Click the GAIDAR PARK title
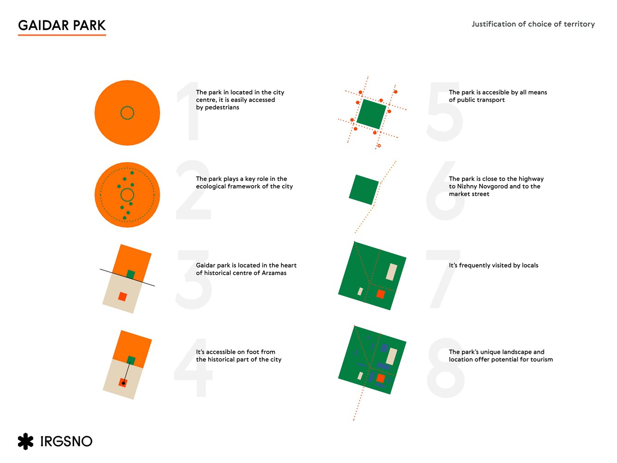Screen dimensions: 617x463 [x=62, y=25]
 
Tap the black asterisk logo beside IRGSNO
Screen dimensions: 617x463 [x=25, y=441]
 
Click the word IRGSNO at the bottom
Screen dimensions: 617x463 [x=66, y=441]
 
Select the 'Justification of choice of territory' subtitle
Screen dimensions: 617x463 [x=533, y=24]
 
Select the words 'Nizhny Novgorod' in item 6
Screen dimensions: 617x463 [x=487, y=186]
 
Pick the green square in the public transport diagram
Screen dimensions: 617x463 [x=371, y=114]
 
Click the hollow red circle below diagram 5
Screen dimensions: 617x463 [x=379, y=146]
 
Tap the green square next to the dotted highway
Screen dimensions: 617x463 [x=364, y=189]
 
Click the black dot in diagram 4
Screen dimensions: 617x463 [x=123, y=383]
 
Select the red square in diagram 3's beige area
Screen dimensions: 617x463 [x=122, y=296]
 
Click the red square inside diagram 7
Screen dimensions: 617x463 [x=380, y=294]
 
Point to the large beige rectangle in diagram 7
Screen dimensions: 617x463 [x=391, y=272]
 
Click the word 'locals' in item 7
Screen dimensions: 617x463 [x=530, y=265]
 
